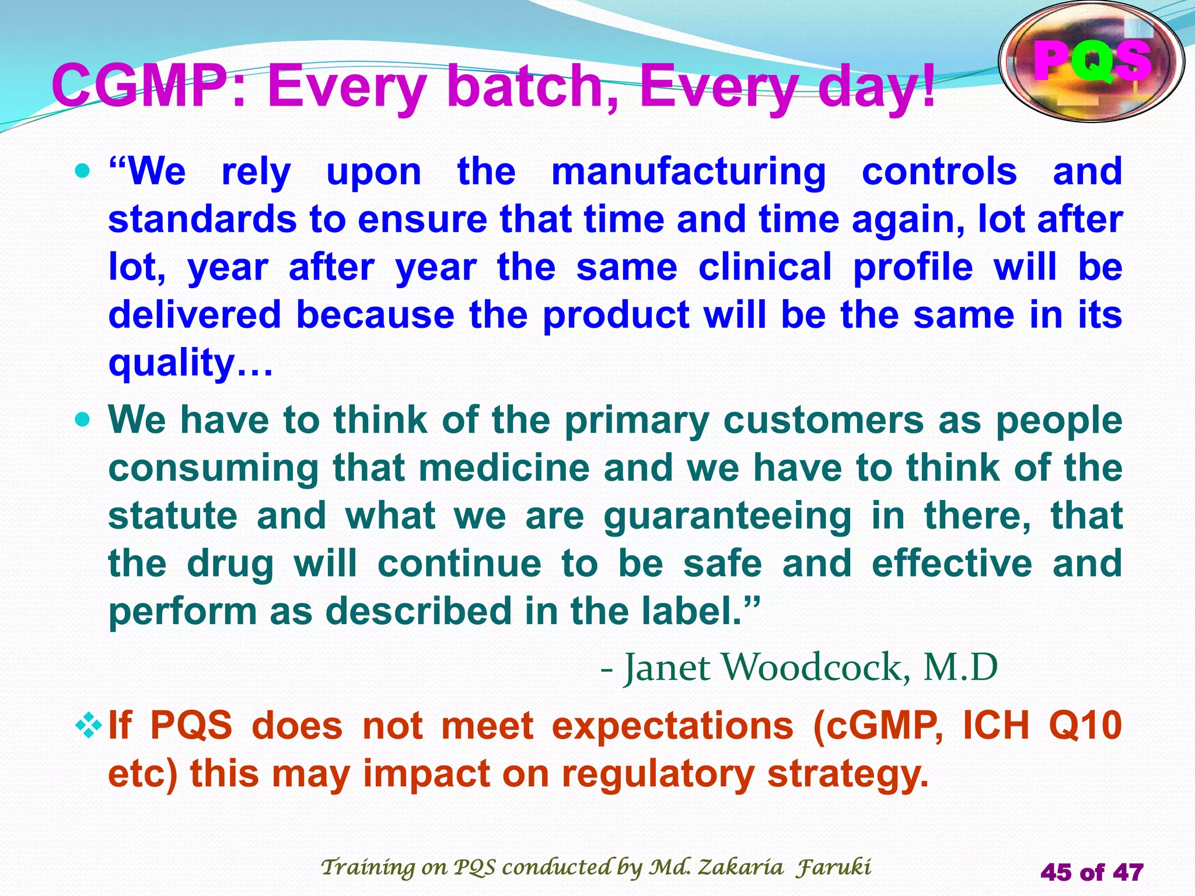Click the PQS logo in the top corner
[1091, 62]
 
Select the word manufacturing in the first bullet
[689, 173]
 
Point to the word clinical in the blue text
[765, 267]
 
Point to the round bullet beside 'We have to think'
[83, 419]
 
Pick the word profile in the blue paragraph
[913, 267]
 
